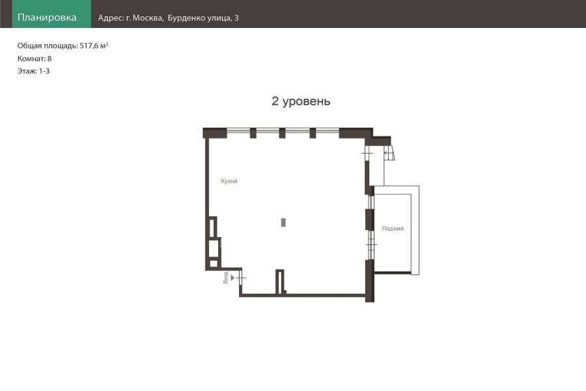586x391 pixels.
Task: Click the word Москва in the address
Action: (148, 18)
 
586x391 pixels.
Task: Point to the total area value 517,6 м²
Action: (94, 46)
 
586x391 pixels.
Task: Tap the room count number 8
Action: (49, 59)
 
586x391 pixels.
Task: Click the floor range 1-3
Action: (44, 71)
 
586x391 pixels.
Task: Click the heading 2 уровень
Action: (301, 101)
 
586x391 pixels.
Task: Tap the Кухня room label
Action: (229, 181)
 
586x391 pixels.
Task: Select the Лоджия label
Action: (393, 228)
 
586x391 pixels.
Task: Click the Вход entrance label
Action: (225, 278)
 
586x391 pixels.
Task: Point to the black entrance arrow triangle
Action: (232, 278)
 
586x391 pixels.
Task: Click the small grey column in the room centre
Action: (283, 223)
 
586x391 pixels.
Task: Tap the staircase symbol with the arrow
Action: (389, 153)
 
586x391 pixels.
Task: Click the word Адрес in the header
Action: (111, 18)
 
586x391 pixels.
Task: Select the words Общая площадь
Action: (48, 46)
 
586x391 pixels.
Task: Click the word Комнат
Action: (31, 59)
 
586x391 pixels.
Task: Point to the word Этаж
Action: (27, 71)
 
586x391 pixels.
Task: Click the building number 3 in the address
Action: (236, 18)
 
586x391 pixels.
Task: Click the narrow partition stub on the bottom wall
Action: (280, 282)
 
